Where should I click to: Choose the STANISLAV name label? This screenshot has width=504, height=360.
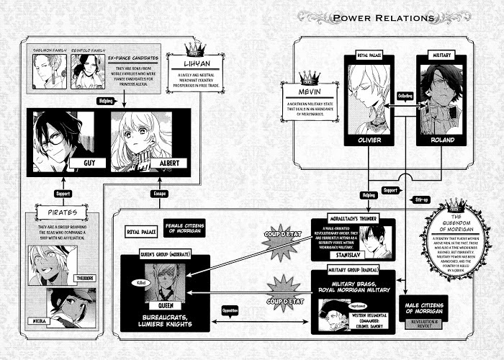350,253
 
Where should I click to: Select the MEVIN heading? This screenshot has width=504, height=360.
308,92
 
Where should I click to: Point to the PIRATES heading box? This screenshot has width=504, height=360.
61,213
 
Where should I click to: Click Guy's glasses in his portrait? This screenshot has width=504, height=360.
54,142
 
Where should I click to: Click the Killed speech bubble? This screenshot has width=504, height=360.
138,284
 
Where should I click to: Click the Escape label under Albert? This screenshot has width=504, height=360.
160,192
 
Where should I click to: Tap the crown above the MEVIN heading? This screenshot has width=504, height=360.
308,76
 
